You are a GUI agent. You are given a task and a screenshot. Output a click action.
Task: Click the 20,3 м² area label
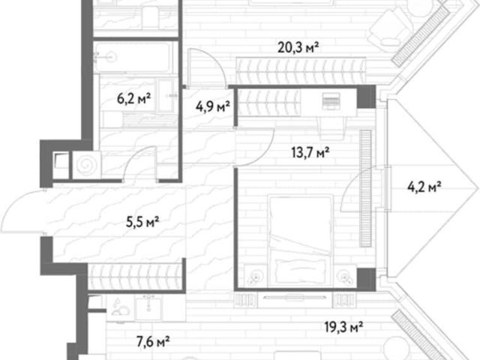click(298, 47)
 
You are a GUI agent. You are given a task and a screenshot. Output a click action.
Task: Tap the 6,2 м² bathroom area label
click(133, 98)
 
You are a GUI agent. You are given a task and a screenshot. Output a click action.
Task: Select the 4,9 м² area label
click(213, 107)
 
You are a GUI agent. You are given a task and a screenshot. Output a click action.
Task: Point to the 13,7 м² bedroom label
click(310, 152)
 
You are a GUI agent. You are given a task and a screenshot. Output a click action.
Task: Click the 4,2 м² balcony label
click(424, 186)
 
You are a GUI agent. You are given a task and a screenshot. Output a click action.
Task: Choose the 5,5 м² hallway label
click(142, 222)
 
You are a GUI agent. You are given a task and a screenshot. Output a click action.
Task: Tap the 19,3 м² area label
click(343, 327)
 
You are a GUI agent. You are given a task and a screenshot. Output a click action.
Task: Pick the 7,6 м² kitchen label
click(153, 341)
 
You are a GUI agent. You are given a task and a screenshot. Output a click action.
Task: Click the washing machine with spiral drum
click(86, 165)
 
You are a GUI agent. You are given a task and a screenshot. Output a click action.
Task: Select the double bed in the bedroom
click(300, 241)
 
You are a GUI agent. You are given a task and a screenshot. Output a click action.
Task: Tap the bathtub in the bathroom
click(132, 57)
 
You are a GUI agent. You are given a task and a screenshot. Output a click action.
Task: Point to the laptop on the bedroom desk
click(331, 100)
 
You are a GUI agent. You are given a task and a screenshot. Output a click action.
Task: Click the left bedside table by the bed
click(255, 276)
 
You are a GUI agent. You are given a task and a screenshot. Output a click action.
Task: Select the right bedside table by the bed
click(345, 276)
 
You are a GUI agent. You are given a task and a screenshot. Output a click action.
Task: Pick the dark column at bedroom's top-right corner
click(366, 97)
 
